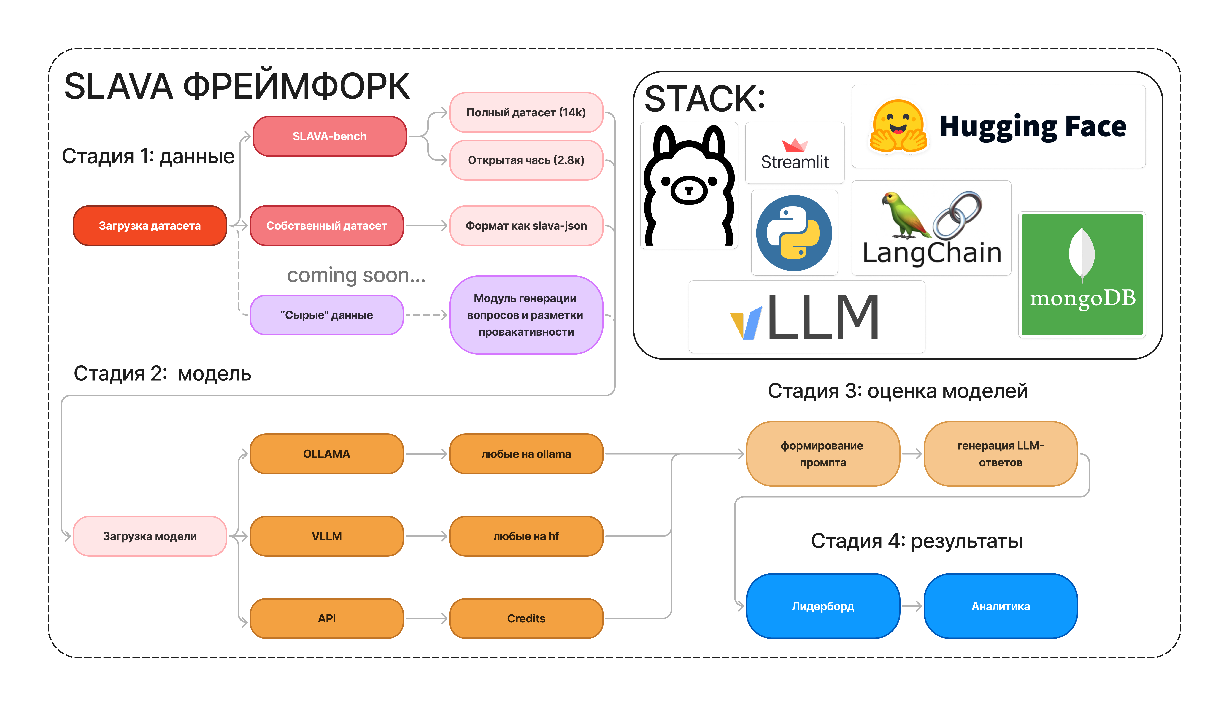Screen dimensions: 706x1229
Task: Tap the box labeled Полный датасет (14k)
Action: (x=526, y=112)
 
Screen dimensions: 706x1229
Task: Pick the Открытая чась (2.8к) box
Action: (x=526, y=160)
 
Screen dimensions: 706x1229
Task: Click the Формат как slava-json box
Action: (x=526, y=225)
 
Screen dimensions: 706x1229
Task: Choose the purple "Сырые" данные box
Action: (x=326, y=315)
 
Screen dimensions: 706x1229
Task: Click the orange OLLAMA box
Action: (x=326, y=454)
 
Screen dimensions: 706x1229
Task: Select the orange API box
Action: (x=326, y=618)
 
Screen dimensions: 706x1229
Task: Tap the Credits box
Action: (x=526, y=618)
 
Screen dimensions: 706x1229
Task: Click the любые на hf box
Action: (x=526, y=536)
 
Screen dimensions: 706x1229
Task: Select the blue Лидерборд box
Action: (x=823, y=606)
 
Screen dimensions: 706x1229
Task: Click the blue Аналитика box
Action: (x=1000, y=606)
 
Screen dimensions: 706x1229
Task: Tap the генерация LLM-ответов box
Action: (x=1000, y=454)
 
